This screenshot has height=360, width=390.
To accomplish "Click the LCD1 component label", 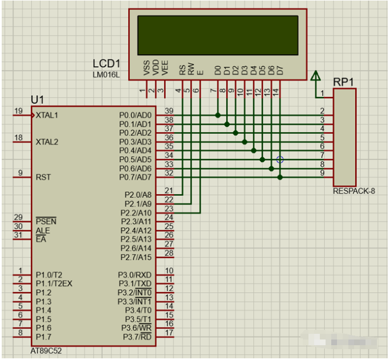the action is click(107, 64).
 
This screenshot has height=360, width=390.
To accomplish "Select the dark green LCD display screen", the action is click(218, 35).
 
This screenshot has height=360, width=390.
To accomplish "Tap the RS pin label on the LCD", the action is click(182, 70).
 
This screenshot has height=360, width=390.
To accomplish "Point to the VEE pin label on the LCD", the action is click(164, 68).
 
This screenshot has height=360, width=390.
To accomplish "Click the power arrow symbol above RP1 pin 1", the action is click(315, 76).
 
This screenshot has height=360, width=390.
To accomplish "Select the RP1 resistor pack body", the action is click(345, 137).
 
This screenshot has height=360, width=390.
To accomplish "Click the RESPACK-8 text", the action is click(354, 191).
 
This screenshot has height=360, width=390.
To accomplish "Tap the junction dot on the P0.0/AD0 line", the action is click(218, 115).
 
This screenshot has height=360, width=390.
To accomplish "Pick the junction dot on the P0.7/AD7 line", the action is click(280, 177).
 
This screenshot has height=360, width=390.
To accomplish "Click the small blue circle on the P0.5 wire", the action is click(280, 159).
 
